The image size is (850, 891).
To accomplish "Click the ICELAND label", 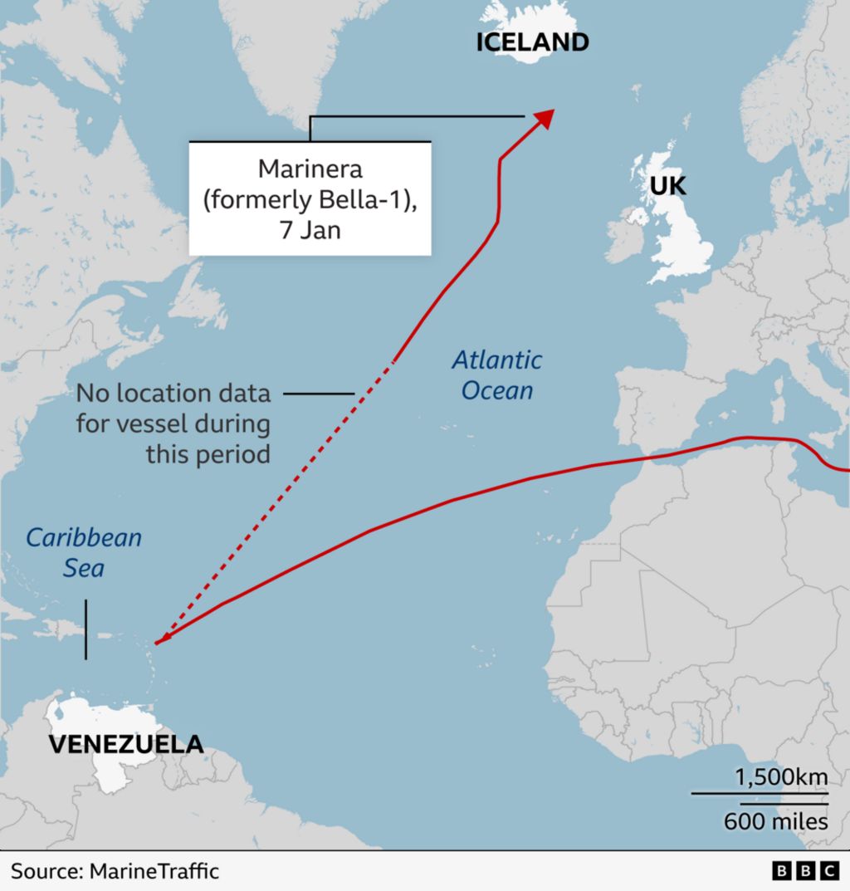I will [x=532, y=42].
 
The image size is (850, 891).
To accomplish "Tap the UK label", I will [x=667, y=186].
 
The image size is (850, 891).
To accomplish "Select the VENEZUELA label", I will [x=125, y=743].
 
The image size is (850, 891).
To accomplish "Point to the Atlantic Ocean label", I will [x=496, y=375].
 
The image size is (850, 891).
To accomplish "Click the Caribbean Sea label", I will [x=84, y=552].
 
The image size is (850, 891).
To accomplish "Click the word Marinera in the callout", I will [x=310, y=169].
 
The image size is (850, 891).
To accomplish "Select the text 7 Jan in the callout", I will [x=310, y=230].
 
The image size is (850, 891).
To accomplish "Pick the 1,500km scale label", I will [x=780, y=778].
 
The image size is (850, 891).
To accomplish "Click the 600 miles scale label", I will [x=775, y=821].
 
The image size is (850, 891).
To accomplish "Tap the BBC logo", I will [x=805, y=870].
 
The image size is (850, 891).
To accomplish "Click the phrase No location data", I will [x=173, y=394].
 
